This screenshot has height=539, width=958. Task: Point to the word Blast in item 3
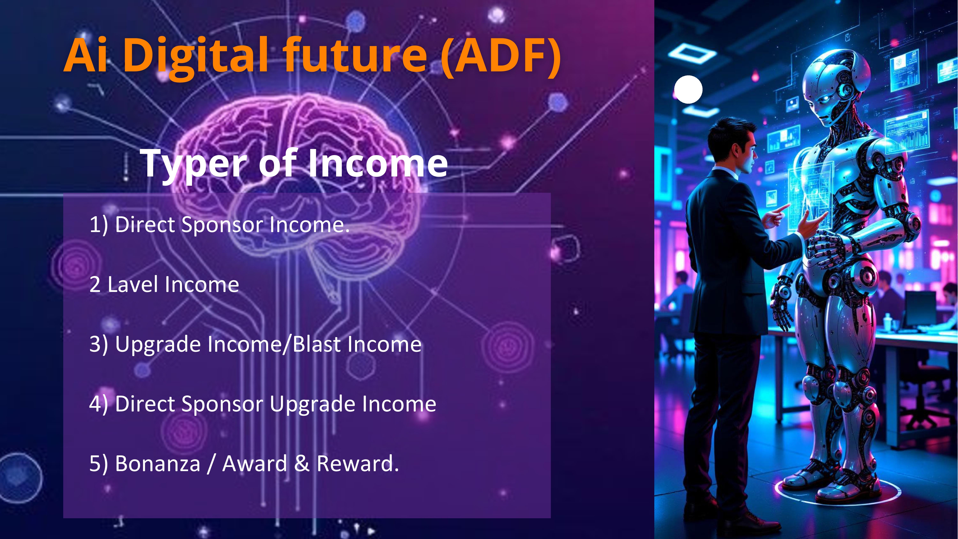(x=316, y=344)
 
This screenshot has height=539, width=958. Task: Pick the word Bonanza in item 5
(x=158, y=464)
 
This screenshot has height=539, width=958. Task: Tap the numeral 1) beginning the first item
(x=99, y=225)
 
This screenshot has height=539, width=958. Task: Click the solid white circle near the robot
(x=688, y=89)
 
